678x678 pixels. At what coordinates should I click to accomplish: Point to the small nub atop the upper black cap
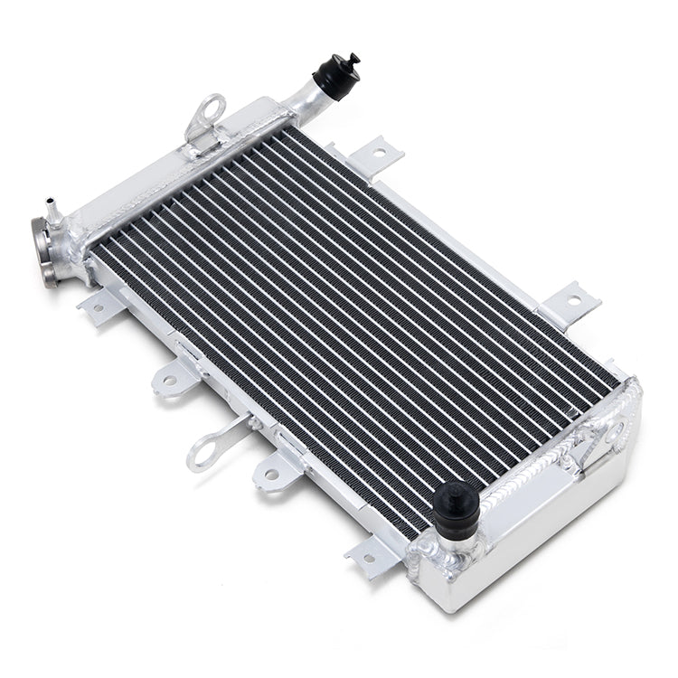[353, 59]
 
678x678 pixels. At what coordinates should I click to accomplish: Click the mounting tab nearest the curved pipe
[375, 155]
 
